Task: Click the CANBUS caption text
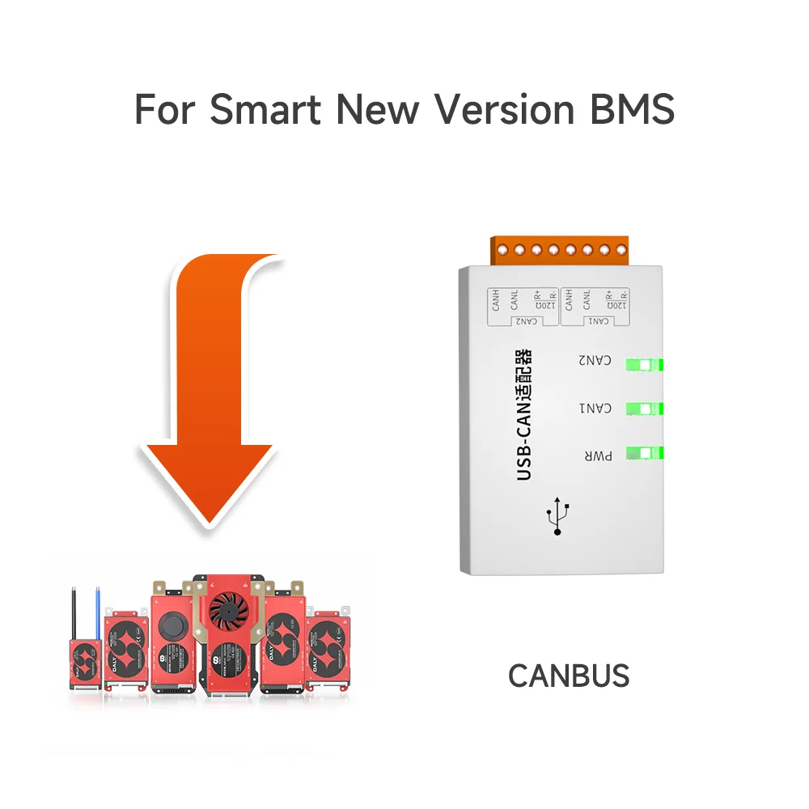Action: click(x=568, y=675)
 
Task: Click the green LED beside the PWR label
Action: click(x=644, y=452)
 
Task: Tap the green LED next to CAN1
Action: click(x=644, y=409)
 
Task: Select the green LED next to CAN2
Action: click(x=644, y=365)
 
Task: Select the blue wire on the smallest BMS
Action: click(x=98, y=612)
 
